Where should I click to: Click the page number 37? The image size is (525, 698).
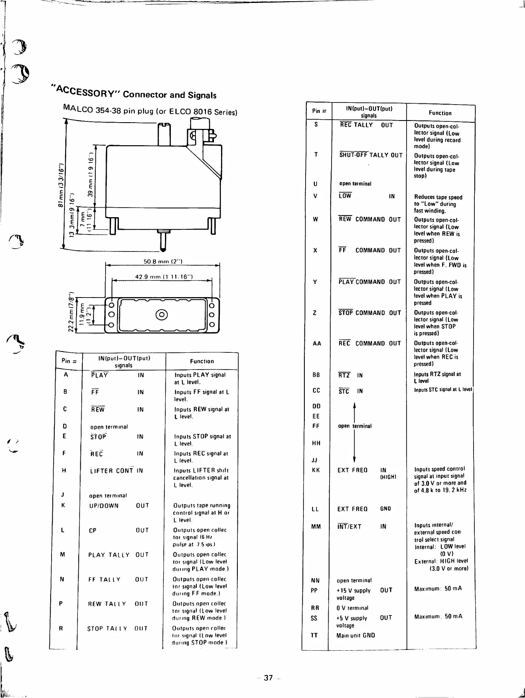pos(268,678)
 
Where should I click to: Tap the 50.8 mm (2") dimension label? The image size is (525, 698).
pos(163,262)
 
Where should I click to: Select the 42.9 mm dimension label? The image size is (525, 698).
pos(164,277)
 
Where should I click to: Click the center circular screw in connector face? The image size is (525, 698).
pos(162,315)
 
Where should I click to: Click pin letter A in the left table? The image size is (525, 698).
pos(66,375)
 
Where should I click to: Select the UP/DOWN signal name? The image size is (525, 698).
pos(104,506)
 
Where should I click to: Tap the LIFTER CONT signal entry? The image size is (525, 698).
pos(112,471)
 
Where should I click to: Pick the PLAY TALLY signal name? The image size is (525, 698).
pos(109,555)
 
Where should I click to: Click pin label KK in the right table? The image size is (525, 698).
pos(316,470)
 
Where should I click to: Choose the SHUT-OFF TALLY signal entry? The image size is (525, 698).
pos(364,155)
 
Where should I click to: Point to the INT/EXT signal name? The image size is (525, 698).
pos(349,526)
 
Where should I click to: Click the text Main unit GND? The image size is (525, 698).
pos(355,635)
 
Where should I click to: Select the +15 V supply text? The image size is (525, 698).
pos(353,590)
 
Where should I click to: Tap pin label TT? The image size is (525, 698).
pos(314,635)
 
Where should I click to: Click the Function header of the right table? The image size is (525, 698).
pos(440,113)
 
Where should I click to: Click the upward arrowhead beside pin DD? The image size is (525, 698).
pos(355,405)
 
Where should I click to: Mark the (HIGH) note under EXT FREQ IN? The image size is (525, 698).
pos(388,477)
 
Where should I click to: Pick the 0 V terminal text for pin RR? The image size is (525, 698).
pos(352,608)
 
